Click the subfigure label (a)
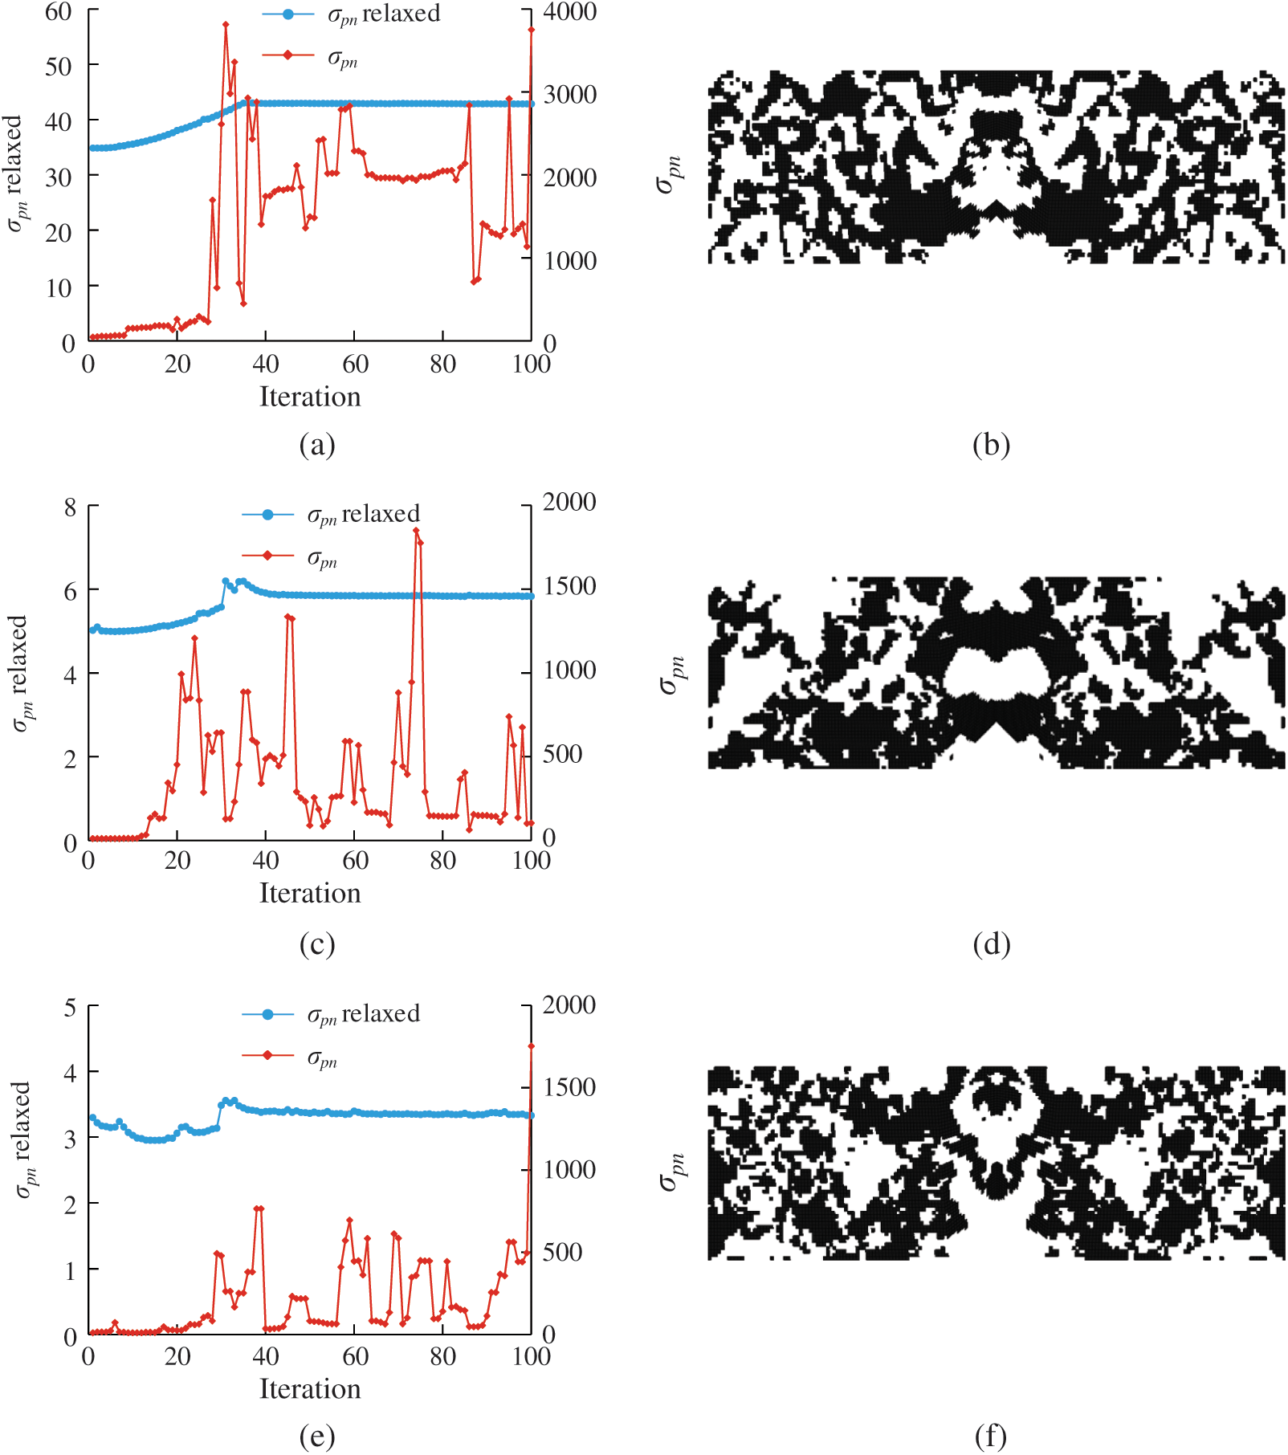pyautogui.click(x=316, y=445)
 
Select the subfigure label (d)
pyautogui.click(x=991, y=944)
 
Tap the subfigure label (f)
pyautogui.click(x=991, y=1437)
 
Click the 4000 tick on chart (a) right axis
pyautogui.click(x=569, y=12)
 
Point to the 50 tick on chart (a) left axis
pyautogui.click(x=59, y=66)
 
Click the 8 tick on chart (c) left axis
pyautogui.click(x=71, y=507)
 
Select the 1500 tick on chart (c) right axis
pyautogui.click(x=569, y=586)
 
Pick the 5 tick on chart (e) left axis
pyautogui.click(x=71, y=1007)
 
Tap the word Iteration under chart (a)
pyautogui.click(x=310, y=397)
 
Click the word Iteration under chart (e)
pyautogui.click(x=310, y=1389)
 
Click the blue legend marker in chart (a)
pyautogui.click(x=287, y=14)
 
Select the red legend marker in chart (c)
pyautogui.click(x=267, y=556)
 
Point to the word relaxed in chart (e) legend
pyautogui.click(x=381, y=1013)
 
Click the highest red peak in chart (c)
pyautogui.click(x=416, y=530)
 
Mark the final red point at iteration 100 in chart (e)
pyautogui.click(x=531, y=1046)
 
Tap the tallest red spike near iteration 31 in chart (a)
pyautogui.click(x=226, y=24)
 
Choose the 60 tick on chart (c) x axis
pyautogui.click(x=355, y=861)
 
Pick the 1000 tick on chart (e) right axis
pyautogui.click(x=569, y=1169)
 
